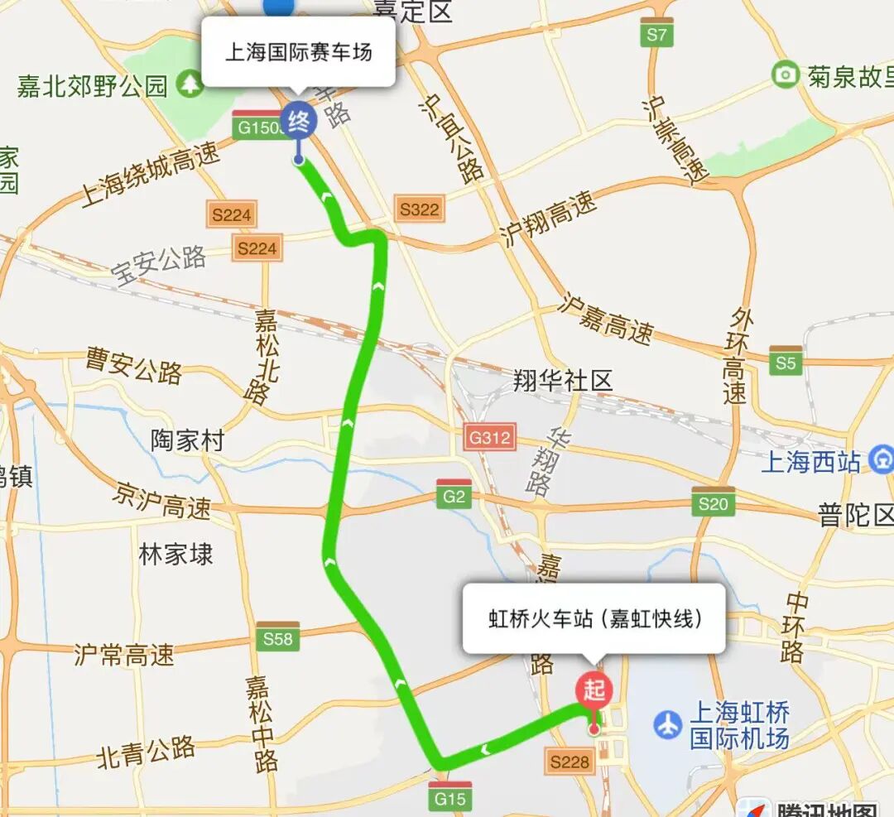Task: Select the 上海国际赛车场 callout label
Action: pos(299,53)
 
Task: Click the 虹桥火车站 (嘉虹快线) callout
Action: pos(594,618)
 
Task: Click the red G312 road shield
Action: pos(490,436)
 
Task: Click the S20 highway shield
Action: pos(713,502)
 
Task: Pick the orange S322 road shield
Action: pos(419,209)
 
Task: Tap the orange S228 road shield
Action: pos(570,761)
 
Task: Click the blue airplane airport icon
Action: pos(667,724)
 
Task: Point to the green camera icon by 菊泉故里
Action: pos(785,75)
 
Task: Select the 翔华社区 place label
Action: pos(563,381)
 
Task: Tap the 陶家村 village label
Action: pos(188,440)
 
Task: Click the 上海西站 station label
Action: pos(811,462)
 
